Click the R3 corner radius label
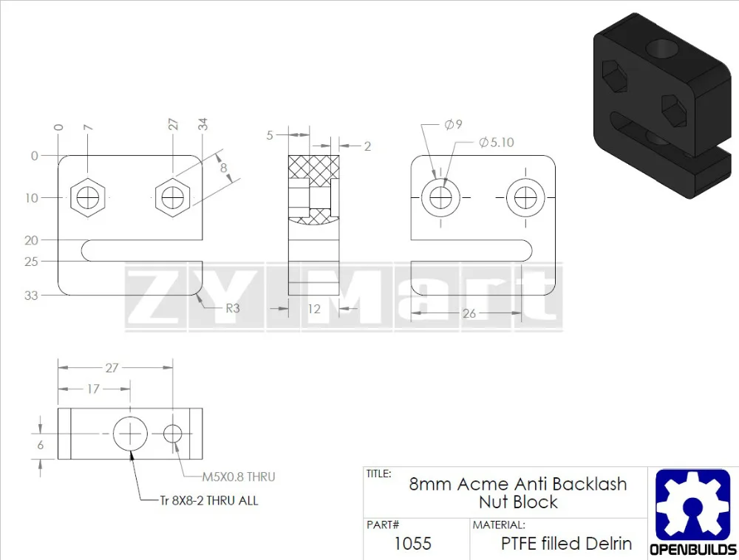point(232,308)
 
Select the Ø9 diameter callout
point(453,124)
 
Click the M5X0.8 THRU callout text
point(238,477)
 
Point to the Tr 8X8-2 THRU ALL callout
point(209,500)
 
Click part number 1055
point(412,544)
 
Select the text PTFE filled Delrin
point(566,544)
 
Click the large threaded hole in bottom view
point(131,432)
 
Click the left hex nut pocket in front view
point(89,197)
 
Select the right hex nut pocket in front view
point(174,197)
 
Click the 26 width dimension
point(469,313)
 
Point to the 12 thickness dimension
point(314,308)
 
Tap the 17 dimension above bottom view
point(93,389)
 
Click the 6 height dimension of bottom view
point(41,445)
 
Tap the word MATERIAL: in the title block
point(500,525)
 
